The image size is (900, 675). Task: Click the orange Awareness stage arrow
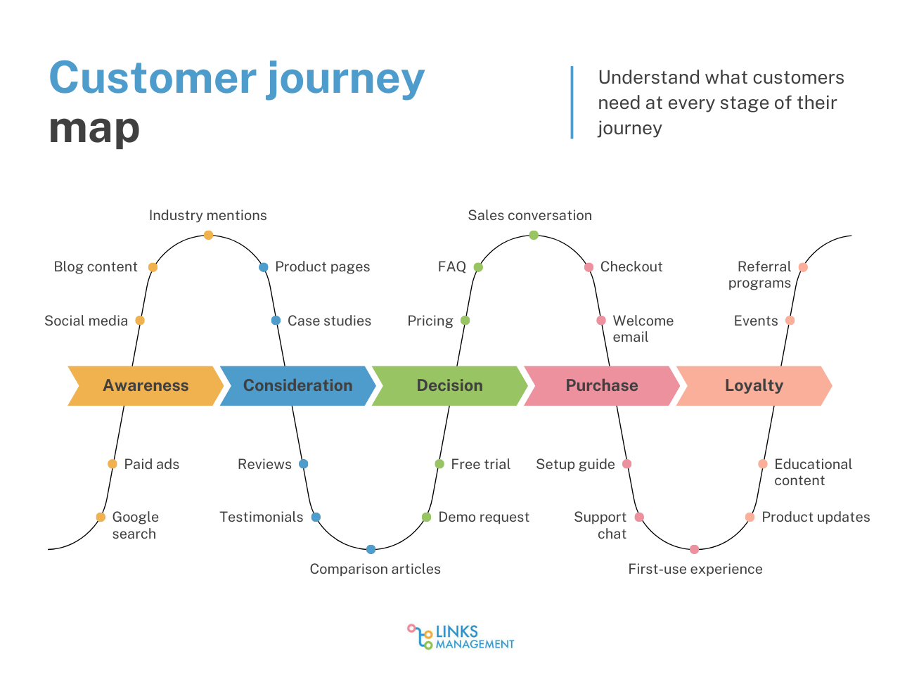[146, 385]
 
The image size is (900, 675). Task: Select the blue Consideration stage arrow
[297, 385]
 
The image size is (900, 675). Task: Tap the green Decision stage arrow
[449, 385]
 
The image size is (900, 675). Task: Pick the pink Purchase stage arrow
[602, 385]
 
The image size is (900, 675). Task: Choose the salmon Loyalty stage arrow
[754, 385]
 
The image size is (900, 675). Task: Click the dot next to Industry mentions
[208, 235]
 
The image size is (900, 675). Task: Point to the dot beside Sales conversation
[534, 235]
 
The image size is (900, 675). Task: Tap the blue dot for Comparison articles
[371, 549]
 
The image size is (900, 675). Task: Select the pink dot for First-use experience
[694, 549]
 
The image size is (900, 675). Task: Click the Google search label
[135, 525]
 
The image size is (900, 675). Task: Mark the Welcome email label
[643, 328]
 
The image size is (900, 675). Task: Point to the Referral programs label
[760, 274]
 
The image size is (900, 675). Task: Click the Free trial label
[480, 464]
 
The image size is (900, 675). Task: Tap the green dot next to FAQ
[478, 267]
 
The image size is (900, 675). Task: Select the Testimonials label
[261, 517]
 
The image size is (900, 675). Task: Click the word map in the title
[94, 129]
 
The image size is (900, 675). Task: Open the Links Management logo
[461, 636]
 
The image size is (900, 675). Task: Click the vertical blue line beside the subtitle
[572, 103]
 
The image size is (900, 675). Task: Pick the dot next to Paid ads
[112, 464]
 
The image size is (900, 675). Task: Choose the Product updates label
[816, 517]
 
